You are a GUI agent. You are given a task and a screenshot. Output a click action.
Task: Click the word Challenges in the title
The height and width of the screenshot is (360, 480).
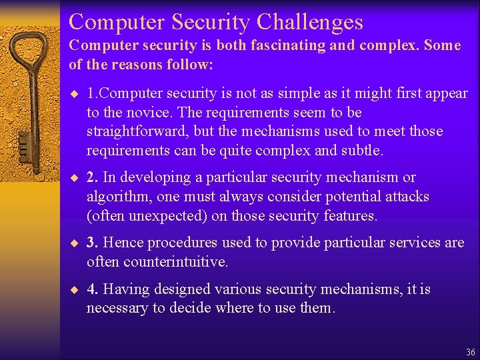pyautogui.click(x=309, y=22)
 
